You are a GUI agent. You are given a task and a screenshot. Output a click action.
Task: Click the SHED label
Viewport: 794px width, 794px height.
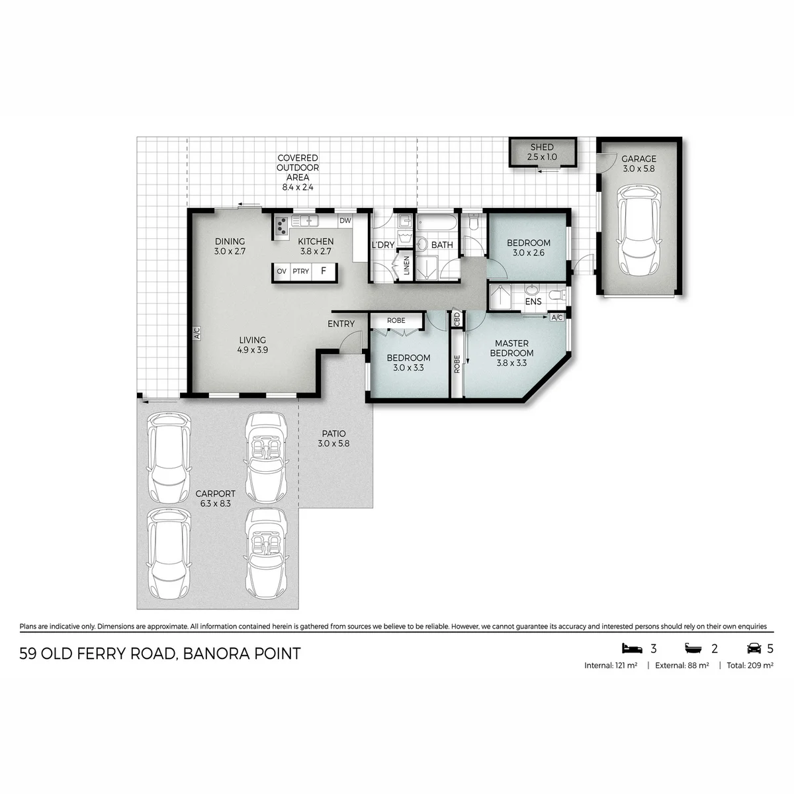[541, 147]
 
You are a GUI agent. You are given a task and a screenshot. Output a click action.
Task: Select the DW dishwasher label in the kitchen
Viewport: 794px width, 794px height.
[345, 220]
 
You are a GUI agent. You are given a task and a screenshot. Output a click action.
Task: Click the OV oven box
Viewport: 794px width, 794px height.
[281, 271]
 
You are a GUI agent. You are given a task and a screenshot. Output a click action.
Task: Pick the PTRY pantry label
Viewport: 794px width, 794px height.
[301, 271]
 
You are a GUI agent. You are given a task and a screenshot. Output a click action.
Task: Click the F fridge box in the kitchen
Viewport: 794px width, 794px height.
[324, 271]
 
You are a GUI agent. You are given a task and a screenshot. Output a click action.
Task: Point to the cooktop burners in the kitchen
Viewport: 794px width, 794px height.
[281, 226]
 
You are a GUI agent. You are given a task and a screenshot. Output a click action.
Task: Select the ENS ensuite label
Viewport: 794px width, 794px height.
[533, 302]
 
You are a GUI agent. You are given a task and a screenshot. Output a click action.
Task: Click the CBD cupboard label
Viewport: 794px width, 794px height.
[457, 320]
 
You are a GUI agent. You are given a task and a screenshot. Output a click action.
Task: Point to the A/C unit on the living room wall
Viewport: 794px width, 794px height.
[197, 333]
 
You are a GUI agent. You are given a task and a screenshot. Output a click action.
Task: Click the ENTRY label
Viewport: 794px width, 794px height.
[341, 324]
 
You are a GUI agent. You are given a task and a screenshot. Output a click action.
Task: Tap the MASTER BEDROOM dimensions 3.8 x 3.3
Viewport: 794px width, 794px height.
[511, 363]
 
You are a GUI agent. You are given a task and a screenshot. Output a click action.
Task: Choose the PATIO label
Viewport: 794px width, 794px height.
[333, 433]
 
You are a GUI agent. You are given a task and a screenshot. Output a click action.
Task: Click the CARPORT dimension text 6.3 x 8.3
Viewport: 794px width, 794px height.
[216, 504]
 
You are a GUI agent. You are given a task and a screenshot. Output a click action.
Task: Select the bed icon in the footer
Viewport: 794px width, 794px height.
[632, 648]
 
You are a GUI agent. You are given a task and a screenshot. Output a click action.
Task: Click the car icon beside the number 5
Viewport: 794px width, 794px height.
[754, 648]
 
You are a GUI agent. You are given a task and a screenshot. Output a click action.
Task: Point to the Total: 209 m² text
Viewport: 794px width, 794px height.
[750, 665]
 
